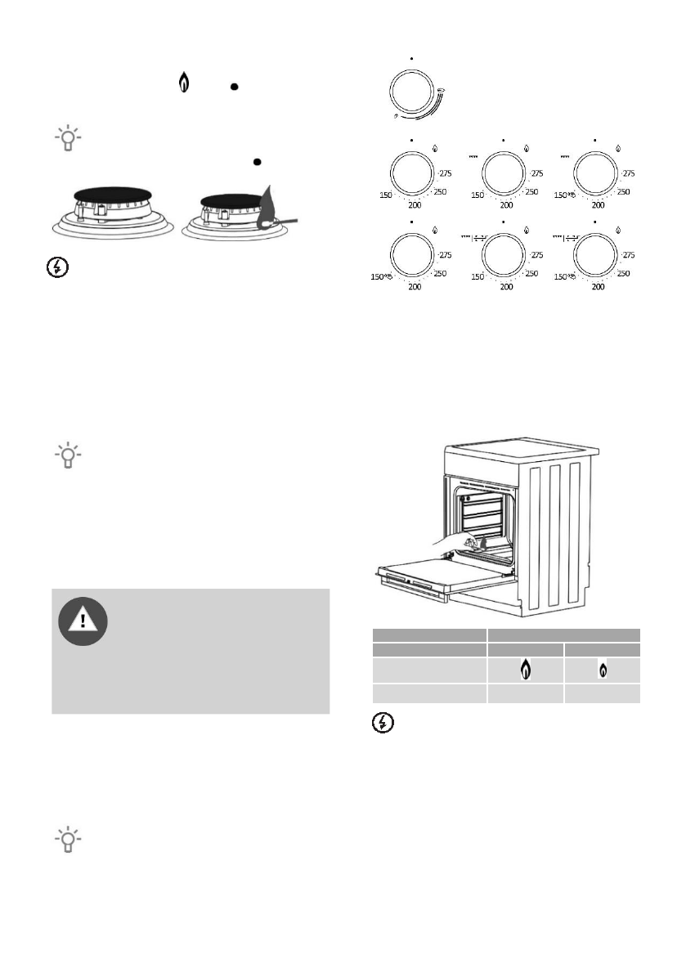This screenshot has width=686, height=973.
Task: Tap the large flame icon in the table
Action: [525, 670]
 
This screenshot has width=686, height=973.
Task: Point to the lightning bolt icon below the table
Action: [383, 724]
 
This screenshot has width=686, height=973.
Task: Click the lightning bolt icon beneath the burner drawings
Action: [54, 267]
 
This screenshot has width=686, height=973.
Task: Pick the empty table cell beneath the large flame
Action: [525, 693]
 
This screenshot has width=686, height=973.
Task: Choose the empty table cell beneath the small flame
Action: [602, 693]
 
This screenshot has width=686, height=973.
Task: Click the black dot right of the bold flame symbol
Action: [234, 84]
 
